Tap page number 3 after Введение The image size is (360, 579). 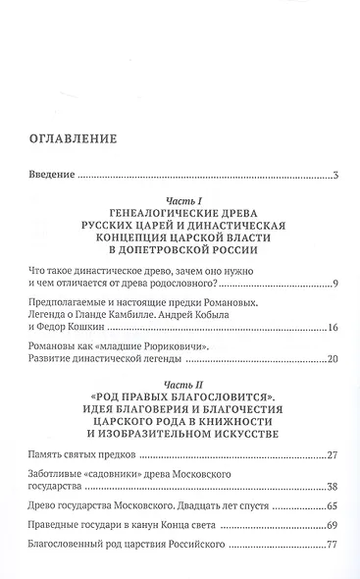(x=335, y=177)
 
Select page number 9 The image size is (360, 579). (x=334, y=285)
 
